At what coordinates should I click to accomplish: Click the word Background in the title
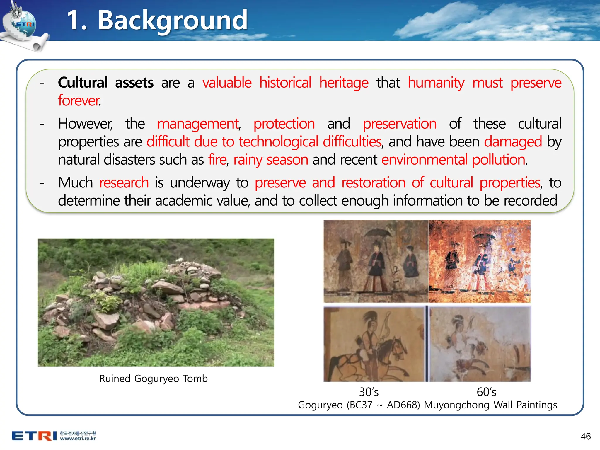point(173,21)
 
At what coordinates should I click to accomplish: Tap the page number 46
point(585,436)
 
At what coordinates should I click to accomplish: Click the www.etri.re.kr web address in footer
point(78,439)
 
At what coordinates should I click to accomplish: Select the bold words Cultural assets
point(105,83)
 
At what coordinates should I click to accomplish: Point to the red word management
point(198,124)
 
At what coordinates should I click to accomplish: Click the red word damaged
point(513,142)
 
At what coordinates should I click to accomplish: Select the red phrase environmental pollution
point(454,160)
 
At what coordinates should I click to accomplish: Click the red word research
point(124,183)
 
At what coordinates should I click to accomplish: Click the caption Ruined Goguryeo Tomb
point(153,379)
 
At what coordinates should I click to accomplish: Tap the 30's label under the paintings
point(369,392)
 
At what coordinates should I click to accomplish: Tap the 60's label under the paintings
point(486,392)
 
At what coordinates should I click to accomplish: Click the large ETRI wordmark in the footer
point(34,436)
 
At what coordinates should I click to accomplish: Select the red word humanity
point(436,83)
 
